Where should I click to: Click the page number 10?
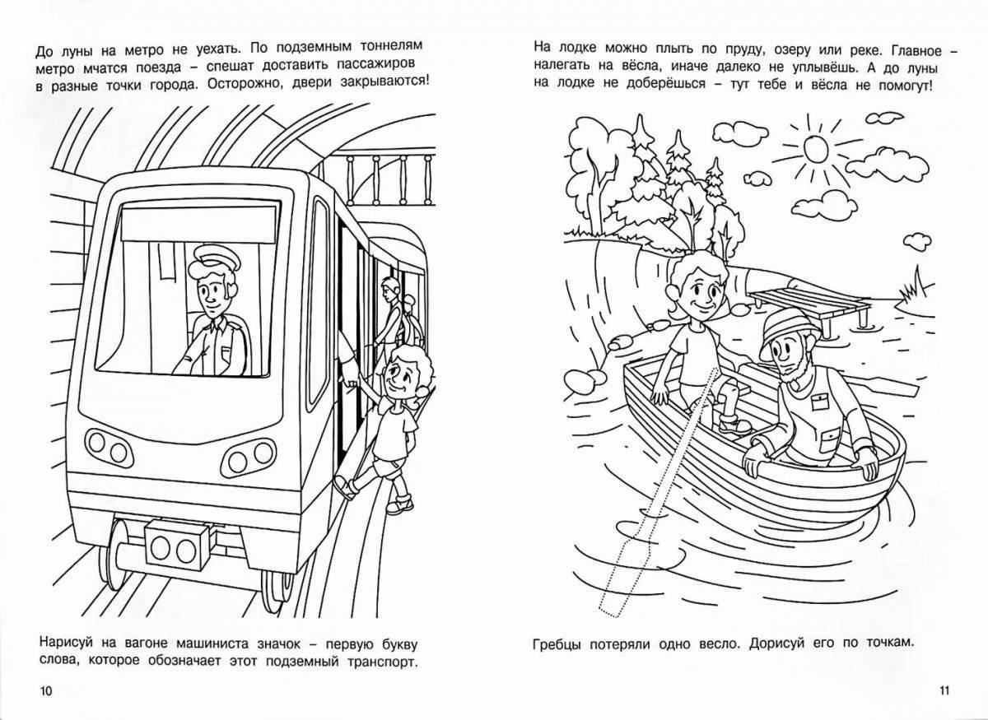[x=46, y=690]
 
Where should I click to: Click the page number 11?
[x=944, y=690]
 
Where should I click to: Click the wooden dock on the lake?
[x=809, y=306]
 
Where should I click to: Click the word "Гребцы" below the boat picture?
[x=557, y=643]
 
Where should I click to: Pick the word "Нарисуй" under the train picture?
[x=67, y=643]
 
